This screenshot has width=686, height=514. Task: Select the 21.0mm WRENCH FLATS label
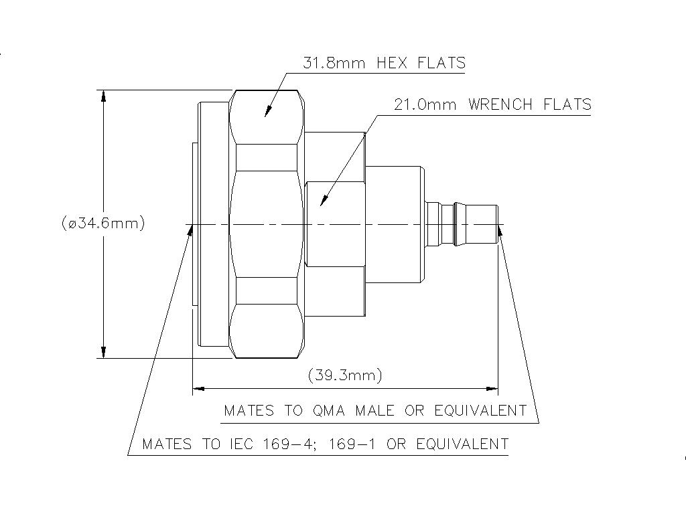click(492, 104)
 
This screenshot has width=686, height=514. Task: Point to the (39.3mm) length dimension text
click(345, 375)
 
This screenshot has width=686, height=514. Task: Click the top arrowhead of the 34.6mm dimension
click(104, 96)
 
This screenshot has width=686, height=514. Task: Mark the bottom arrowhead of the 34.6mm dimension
click(104, 351)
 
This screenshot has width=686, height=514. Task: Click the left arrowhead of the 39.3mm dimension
click(198, 388)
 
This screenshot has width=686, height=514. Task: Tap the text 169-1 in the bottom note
click(356, 444)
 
